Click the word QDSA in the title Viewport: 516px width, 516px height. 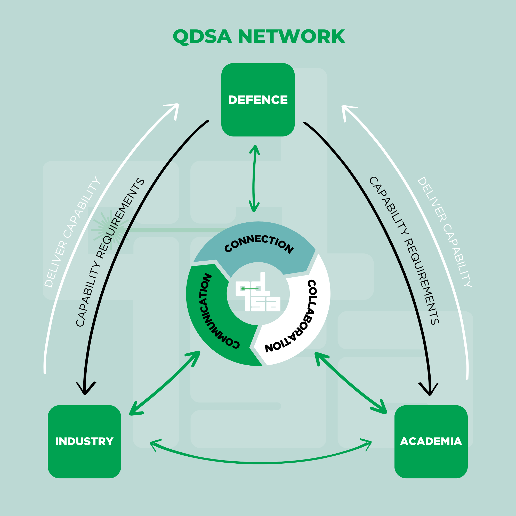tap(202, 37)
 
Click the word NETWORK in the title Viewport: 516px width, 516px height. tap(291, 36)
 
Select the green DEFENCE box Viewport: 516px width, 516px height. tap(258, 100)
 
